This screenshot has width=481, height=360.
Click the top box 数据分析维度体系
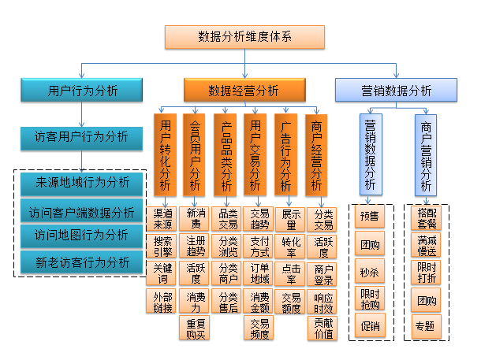click(244, 37)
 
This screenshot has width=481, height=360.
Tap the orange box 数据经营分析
click(244, 91)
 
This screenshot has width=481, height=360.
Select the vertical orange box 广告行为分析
click(285, 155)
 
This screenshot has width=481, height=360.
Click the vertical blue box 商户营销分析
click(427, 155)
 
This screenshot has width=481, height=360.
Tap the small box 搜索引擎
click(163, 246)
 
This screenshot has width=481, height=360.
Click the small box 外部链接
click(163, 301)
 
